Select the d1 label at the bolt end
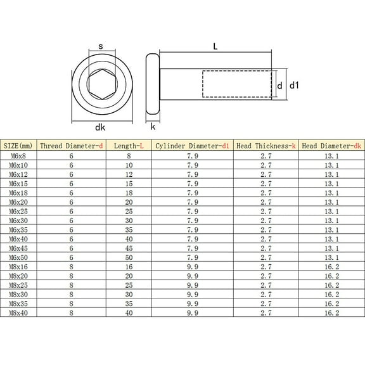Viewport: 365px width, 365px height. pyautogui.click(x=293, y=84)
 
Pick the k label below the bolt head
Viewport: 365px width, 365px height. pyautogui.click(x=153, y=126)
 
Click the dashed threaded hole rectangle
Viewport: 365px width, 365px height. pyautogui.click(x=237, y=84)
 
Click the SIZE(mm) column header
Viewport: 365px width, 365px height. pyautogui.click(x=20, y=146)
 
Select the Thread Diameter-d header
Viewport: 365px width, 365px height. pyautogui.click(x=71, y=146)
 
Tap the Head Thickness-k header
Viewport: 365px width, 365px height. pyautogui.click(x=266, y=146)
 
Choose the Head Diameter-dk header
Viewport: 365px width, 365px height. pyautogui.click(x=331, y=146)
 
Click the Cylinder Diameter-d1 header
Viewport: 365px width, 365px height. pyautogui.click(x=193, y=146)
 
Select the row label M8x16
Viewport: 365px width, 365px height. pyautogui.click(x=19, y=267)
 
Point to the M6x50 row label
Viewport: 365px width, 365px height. pyautogui.click(x=19, y=258)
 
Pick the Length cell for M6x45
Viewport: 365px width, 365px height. pyautogui.click(x=129, y=248)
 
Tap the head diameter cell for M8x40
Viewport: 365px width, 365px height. pyautogui.click(x=331, y=314)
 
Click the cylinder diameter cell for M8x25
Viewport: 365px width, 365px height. pyautogui.click(x=193, y=286)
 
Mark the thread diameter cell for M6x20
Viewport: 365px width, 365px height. pyautogui.click(x=71, y=202)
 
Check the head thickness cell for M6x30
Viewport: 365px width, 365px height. pyautogui.click(x=266, y=221)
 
